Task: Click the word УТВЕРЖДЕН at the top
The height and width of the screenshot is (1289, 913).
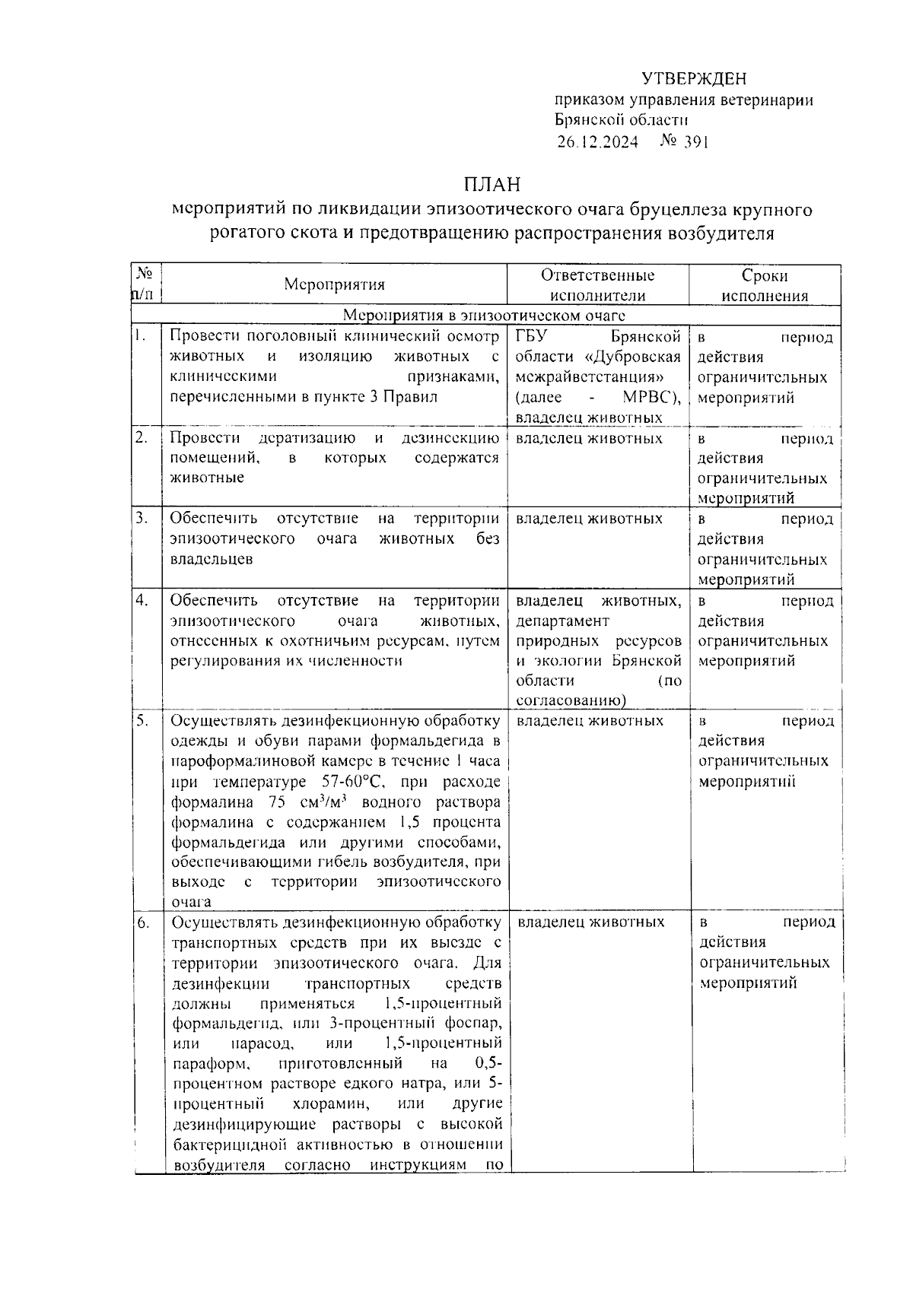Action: (x=693, y=79)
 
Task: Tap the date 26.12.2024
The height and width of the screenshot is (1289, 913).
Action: (x=597, y=142)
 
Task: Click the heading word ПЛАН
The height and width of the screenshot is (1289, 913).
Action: (x=492, y=186)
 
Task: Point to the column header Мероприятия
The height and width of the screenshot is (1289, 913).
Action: (x=335, y=284)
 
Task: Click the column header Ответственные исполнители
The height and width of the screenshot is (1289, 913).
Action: (x=597, y=285)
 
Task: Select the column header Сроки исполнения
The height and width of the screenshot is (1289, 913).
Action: (x=765, y=285)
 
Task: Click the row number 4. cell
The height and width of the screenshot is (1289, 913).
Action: (x=142, y=600)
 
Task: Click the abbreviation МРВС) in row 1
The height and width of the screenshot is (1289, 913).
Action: (x=651, y=397)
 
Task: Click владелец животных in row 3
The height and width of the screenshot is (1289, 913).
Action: (x=589, y=519)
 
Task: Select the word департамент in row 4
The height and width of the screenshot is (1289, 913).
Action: (x=562, y=621)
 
